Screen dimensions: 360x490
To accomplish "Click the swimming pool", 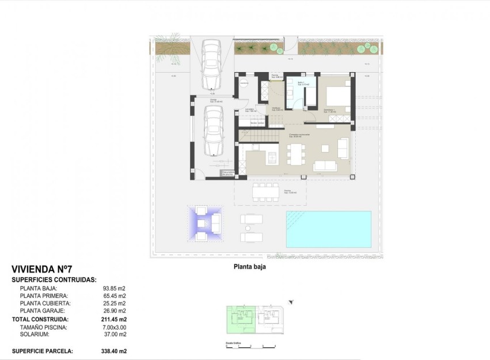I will (328, 229).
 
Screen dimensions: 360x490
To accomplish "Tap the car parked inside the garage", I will (212, 132).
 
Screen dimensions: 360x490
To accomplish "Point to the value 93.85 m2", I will (114, 289).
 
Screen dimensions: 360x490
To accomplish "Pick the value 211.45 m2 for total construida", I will (115, 319).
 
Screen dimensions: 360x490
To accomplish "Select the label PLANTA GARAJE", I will (46, 310).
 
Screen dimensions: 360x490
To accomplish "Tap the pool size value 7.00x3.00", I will (114, 327).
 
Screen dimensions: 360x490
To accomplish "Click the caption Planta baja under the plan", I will (249, 267).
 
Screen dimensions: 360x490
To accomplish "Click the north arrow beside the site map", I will (291, 302).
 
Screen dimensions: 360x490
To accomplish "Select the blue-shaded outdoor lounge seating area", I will (206, 223).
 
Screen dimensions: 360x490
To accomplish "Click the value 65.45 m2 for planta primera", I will (114, 296).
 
